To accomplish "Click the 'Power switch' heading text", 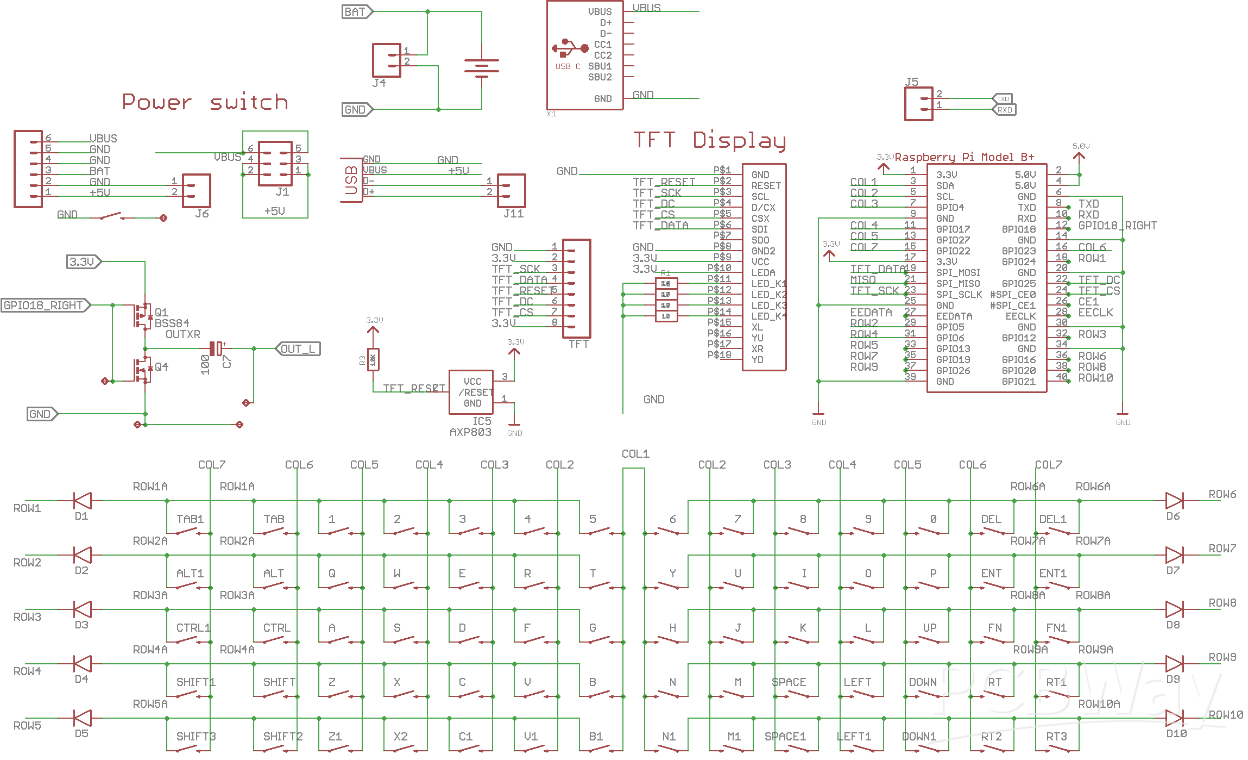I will tap(205, 102).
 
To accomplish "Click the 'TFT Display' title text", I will tap(709, 140).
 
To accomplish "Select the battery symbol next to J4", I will tap(481, 67).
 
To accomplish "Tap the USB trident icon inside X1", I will tap(570, 48).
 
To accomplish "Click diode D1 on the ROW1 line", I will tap(83, 501).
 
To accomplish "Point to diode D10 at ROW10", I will tap(1174, 718).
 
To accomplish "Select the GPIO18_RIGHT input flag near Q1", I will tap(45, 305).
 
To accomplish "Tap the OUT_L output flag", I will tap(298, 348).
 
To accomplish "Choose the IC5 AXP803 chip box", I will tap(471, 392).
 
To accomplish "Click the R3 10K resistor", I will tap(373, 359).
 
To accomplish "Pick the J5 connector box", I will tap(918, 104).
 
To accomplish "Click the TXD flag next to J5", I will tap(1003, 98).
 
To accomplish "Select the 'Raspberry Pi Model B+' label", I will tap(964, 157).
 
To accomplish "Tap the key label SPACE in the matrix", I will tap(789, 682).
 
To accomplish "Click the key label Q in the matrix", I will tap(332, 573).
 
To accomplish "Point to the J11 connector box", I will tap(511, 190).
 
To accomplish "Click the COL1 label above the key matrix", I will tap(635, 453).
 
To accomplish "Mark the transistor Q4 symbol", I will tap(142, 370).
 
